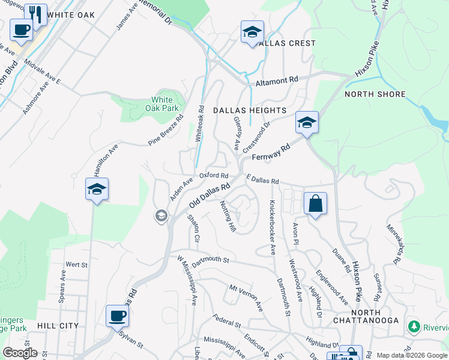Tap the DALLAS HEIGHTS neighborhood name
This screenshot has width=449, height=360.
(x=249, y=110)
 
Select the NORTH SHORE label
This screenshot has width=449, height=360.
(x=375, y=94)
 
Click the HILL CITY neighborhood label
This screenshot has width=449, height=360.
(x=58, y=325)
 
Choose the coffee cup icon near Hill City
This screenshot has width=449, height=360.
(x=117, y=315)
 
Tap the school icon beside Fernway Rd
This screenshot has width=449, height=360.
(x=306, y=122)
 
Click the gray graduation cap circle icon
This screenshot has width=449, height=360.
(x=160, y=215)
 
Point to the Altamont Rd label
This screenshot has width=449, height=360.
(x=277, y=81)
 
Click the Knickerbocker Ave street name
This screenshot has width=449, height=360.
(x=273, y=227)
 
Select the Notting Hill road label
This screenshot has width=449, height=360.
(x=228, y=216)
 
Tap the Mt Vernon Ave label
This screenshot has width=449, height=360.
(x=246, y=297)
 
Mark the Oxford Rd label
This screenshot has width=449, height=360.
(x=214, y=176)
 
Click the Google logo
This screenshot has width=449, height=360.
(x=19, y=353)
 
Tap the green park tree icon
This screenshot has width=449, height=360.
(x=413, y=327)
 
